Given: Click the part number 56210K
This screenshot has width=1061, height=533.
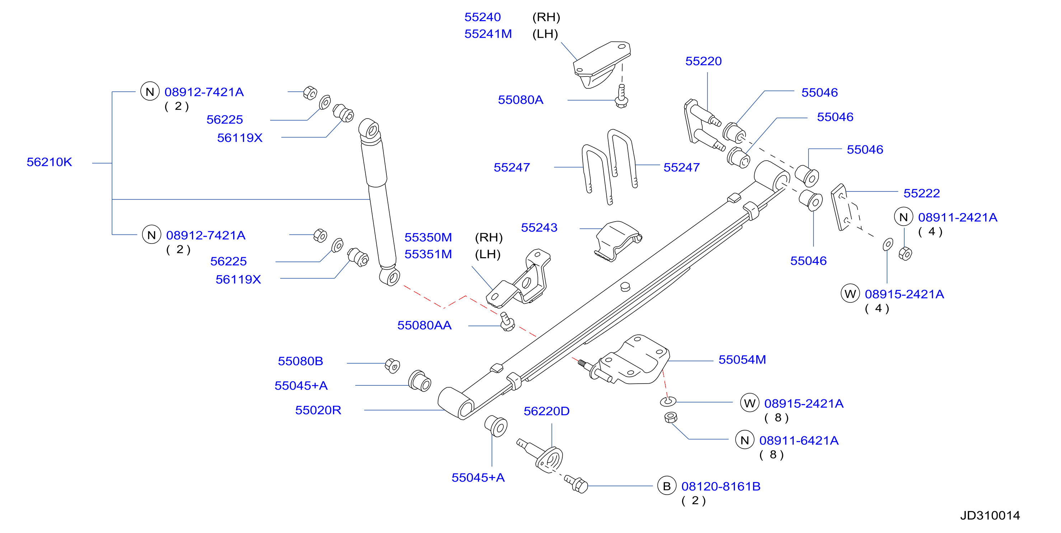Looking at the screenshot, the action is (x=49, y=162).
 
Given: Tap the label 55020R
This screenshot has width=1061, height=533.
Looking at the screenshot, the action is (x=318, y=410).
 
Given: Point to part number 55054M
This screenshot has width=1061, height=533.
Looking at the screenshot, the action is (x=742, y=360).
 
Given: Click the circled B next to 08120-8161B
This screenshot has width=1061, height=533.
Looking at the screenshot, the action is (x=666, y=486).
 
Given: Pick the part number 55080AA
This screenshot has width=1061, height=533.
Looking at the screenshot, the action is (x=424, y=325).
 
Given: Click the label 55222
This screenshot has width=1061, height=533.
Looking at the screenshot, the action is (x=921, y=193).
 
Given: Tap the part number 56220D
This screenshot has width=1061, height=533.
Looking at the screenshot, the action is (x=546, y=411).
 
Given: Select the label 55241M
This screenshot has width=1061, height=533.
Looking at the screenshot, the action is (x=488, y=34).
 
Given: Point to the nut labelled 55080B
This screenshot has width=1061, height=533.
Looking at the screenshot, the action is (x=392, y=366).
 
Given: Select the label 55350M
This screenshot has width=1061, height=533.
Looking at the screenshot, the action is (x=428, y=237).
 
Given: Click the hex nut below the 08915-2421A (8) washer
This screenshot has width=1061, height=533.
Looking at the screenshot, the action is (x=671, y=418).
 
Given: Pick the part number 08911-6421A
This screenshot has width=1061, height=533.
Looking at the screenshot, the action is (x=799, y=441).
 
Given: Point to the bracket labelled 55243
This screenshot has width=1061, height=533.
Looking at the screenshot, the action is (x=618, y=241).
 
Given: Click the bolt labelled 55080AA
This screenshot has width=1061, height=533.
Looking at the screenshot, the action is (x=507, y=321).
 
